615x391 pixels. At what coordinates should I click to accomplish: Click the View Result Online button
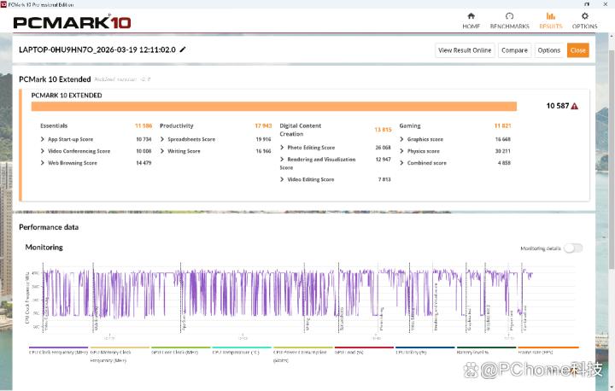(465, 50)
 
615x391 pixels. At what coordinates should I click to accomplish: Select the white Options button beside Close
(549, 50)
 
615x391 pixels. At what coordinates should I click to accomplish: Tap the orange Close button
(577, 50)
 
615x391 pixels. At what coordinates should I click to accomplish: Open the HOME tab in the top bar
(471, 20)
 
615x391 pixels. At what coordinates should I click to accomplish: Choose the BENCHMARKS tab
(509, 20)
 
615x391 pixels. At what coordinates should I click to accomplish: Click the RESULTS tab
(550, 20)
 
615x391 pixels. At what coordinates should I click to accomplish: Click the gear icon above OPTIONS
(585, 15)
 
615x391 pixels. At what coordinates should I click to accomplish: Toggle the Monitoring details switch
(572, 248)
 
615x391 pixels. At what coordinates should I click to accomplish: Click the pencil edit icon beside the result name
(183, 50)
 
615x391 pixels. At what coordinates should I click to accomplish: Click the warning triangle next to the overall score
(575, 106)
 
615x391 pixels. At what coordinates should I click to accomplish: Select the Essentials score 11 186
(143, 125)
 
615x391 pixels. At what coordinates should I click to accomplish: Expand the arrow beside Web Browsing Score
(43, 162)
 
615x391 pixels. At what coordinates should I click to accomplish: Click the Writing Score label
(184, 150)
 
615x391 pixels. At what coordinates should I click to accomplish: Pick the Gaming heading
(410, 125)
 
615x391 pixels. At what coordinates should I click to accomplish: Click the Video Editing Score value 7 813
(384, 179)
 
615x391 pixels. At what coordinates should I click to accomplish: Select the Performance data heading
(49, 227)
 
